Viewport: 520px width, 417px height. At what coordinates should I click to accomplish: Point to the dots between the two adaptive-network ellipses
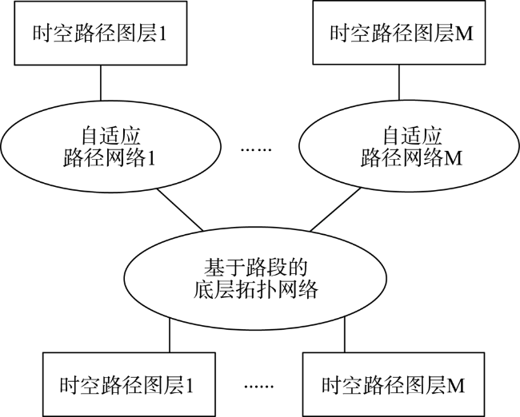pos(256,149)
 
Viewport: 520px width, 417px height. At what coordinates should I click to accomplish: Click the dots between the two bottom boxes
pos(259,386)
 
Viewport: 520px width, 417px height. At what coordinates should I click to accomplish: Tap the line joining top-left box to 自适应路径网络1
pos(101,83)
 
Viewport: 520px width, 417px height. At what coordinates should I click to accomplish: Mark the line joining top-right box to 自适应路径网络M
pos(399,82)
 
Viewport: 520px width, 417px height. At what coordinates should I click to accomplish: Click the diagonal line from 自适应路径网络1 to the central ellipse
pos(180,209)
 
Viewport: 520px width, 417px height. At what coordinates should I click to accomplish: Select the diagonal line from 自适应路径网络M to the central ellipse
pos(335,209)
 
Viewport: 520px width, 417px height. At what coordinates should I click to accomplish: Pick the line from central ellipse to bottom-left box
pos(170,335)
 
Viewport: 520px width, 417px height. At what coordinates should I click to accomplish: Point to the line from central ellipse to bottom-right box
pos(345,334)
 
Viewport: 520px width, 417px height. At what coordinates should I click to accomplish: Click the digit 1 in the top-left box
pos(162,34)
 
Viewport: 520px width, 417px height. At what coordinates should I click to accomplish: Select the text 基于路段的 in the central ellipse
pos(255,268)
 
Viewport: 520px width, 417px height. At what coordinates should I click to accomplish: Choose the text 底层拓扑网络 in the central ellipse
pos(255,290)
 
